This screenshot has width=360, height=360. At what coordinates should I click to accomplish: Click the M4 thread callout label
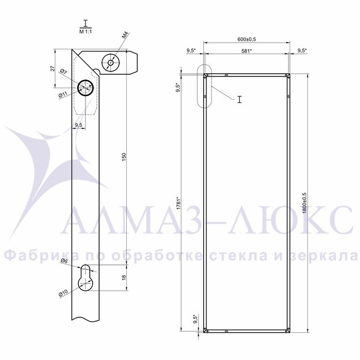(x=125, y=35)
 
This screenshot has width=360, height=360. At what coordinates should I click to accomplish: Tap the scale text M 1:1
(x=85, y=32)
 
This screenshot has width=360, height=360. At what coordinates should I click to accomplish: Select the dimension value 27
(x=53, y=68)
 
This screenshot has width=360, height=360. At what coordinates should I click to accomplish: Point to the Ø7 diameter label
(x=64, y=71)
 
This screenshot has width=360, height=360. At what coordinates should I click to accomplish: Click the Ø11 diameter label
(x=63, y=95)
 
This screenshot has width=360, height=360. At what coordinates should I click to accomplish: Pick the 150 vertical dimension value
(x=124, y=157)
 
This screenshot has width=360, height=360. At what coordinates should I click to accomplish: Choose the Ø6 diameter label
(x=64, y=261)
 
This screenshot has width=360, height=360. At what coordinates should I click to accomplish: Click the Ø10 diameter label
(x=63, y=293)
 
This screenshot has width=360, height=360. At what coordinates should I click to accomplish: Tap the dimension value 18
(x=124, y=277)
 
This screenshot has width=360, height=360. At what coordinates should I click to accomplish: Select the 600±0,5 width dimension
(x=246, y=39)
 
